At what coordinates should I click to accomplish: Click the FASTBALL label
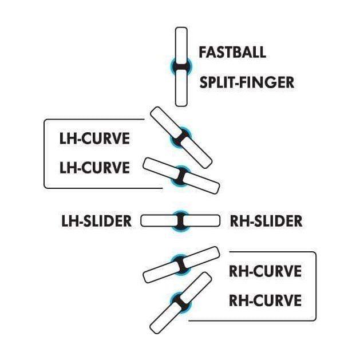tap(232, 52)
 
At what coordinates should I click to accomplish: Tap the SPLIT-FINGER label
tap(246, 82)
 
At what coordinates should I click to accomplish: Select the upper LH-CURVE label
tap(94, 139)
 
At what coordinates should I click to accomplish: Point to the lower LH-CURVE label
tap(94, 168)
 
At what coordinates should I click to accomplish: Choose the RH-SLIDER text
tap(266, 220)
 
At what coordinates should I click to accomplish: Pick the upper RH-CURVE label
tap(264, 271)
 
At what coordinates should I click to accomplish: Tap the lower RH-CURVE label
tap(264, 300)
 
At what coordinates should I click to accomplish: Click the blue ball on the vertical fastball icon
tap(181, 67)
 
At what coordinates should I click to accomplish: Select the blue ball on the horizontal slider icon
tap(180, 220)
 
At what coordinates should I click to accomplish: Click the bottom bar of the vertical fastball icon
tap(181, 90)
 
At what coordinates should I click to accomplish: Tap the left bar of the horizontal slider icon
tap(158, 220)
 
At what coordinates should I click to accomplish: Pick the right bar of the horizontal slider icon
tap(203, 220)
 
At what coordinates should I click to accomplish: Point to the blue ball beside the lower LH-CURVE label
tap(181, 175)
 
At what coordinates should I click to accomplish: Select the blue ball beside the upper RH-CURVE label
tap(181, 264)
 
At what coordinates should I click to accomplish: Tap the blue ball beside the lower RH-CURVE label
tap(181, 302)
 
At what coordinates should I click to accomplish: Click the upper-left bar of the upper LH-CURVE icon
tap(165, 121)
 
